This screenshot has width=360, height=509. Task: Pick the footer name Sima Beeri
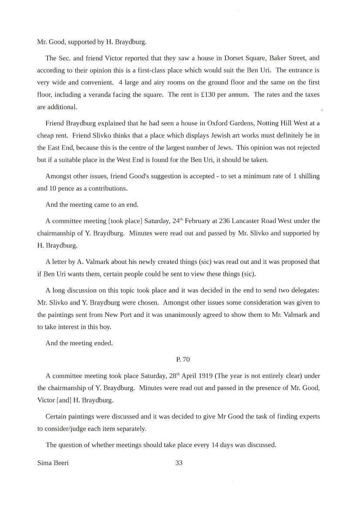pos(53,463)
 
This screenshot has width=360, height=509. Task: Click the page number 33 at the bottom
pos(179,463)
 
